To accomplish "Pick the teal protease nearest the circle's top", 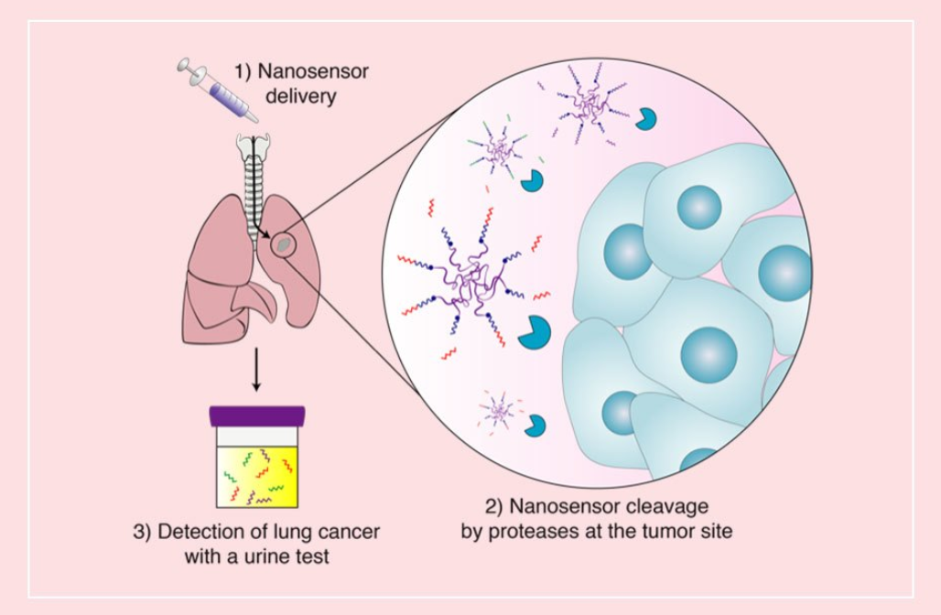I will [x=648, y=118].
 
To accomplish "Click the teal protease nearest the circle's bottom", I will [x=535, y=425].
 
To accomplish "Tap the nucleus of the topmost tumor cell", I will [x=699, y=206].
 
